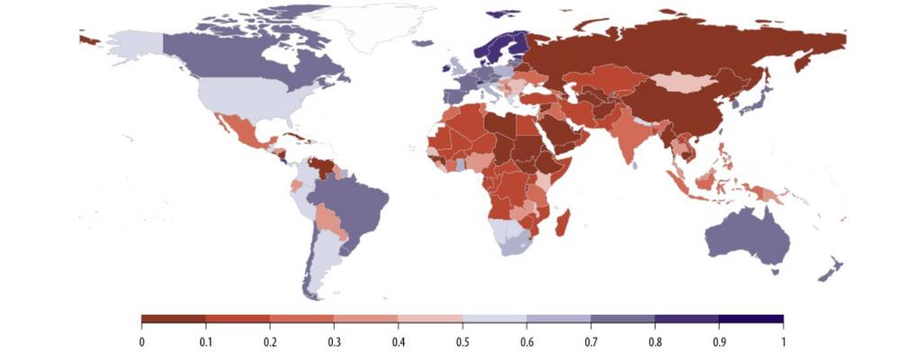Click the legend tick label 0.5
point(463,341)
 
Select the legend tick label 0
point(142,341)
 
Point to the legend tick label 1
point(783,341)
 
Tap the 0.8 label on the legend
point(655,341)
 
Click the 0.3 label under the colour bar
point(335,341)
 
